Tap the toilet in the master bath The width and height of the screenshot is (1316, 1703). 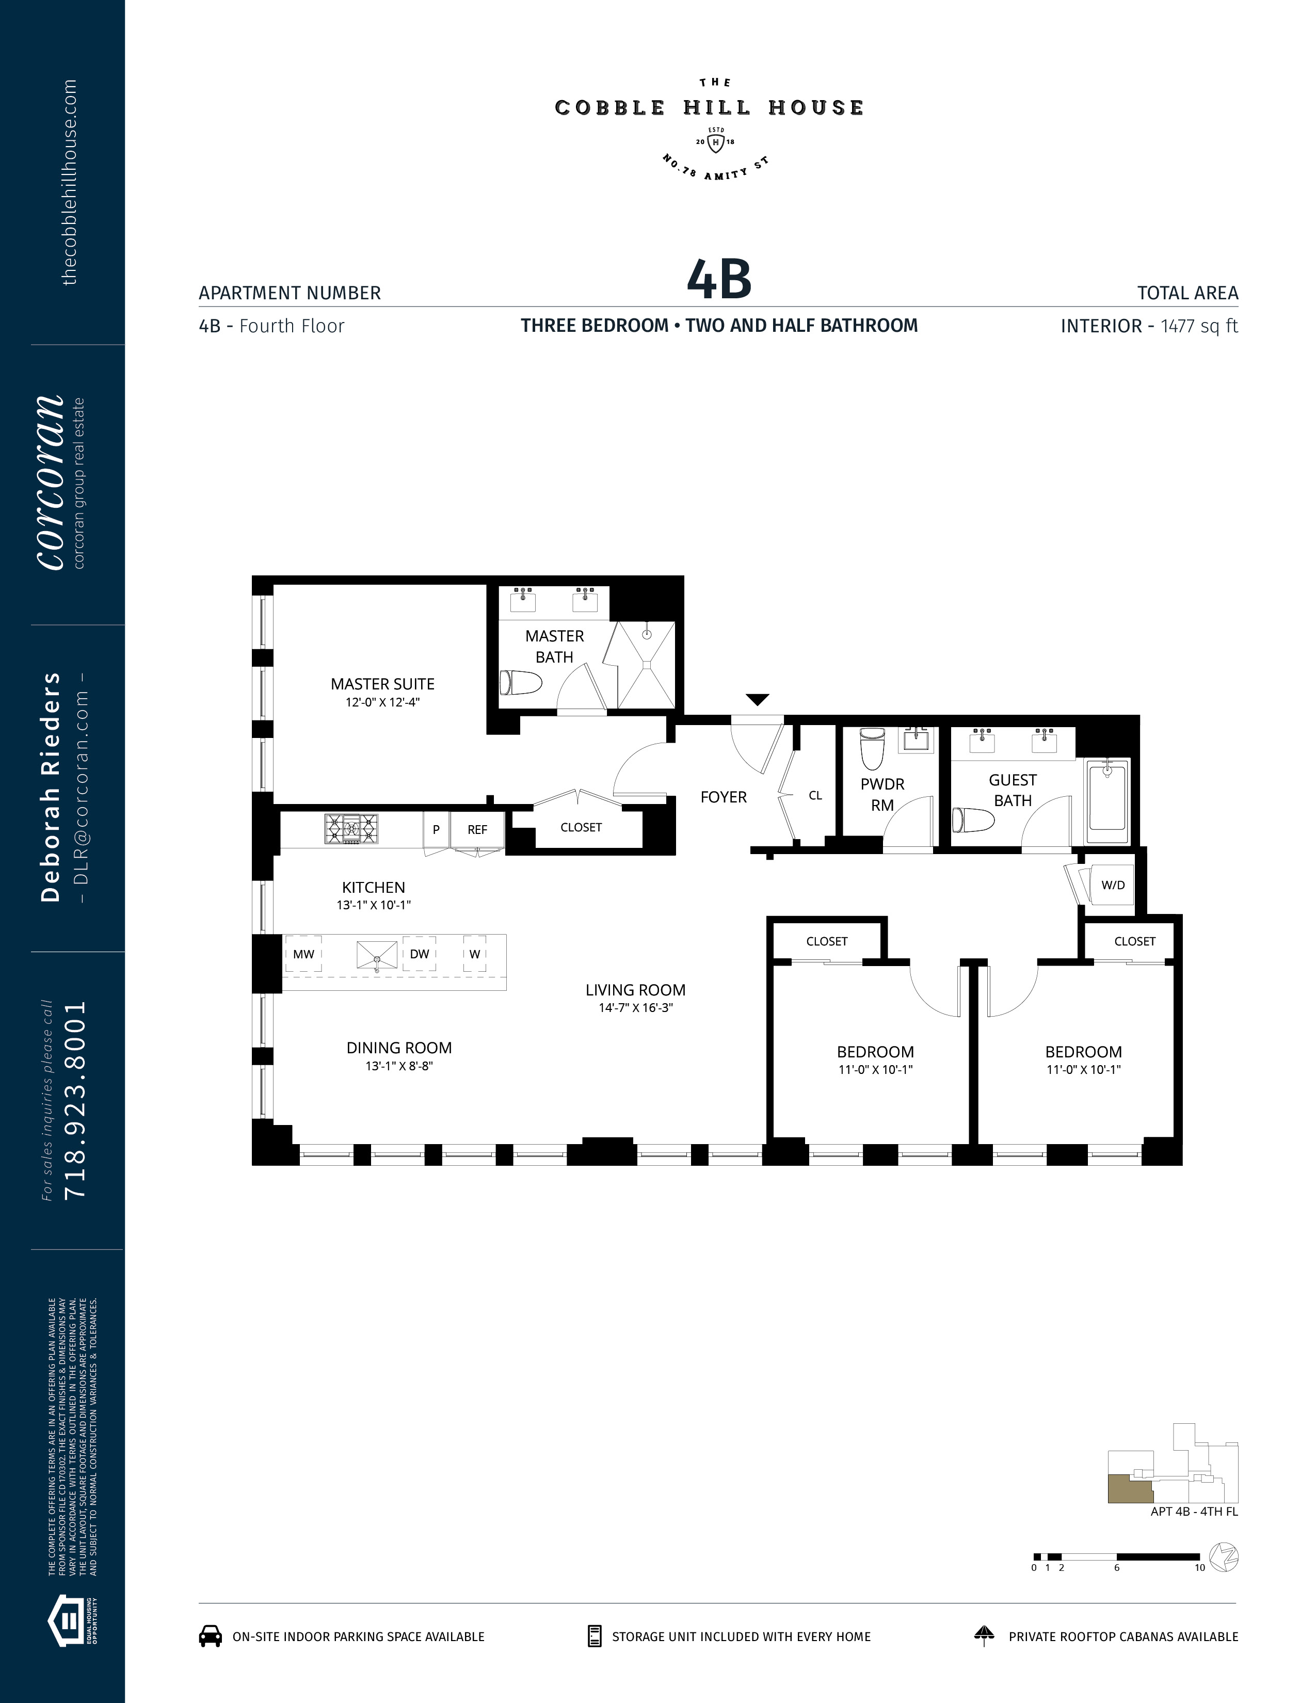[x=521, y=683]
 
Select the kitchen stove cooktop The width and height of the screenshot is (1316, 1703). [x=351, y=829]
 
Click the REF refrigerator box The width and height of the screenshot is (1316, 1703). [x=477, y=830]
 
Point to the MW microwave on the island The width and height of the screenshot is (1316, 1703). [x=303, y=954]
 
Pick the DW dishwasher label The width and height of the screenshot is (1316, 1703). [x=420, y=954]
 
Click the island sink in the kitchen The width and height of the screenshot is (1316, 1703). [x=377, y=954]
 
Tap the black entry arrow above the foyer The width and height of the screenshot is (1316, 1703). [x=758, y=699]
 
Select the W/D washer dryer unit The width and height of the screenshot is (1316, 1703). [x=1113, y=885]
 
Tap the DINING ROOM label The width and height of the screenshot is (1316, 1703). [x=399, y=1048]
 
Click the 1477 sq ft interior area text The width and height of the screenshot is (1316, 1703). [x=1199, y=326]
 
